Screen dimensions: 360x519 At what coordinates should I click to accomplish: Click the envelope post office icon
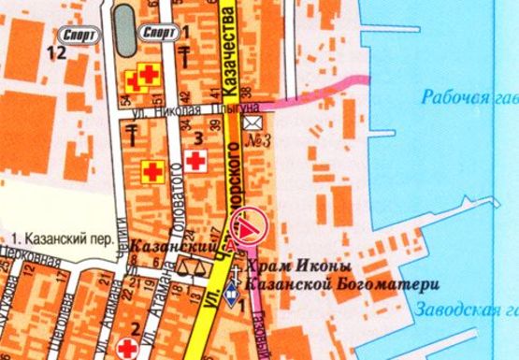(252, 122)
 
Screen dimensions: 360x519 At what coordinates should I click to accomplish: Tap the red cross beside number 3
(195, 162)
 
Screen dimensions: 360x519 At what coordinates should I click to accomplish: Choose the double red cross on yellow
(145, 78)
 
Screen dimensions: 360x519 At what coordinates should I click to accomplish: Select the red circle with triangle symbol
(248, 225)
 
